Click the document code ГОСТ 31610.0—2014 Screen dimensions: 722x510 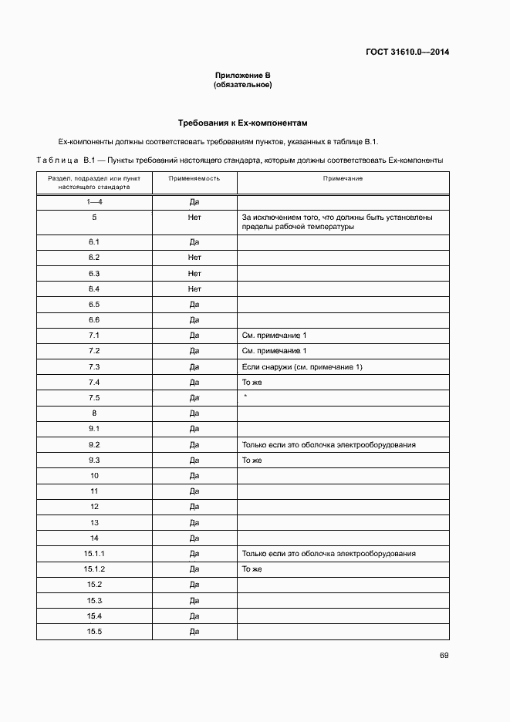tap(407, 52)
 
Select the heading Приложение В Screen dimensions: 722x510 tap(243, 75)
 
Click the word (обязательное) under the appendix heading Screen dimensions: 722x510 tap(243, 84)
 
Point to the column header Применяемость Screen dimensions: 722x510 tap(194, 178)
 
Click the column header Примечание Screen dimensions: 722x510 tap(343, 178)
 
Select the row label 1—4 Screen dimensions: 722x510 tap(94, 202)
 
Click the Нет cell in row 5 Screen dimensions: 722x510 tap(194, 218)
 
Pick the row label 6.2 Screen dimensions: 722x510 tap(94, 258)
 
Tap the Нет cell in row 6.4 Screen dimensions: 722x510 tap(194, 288)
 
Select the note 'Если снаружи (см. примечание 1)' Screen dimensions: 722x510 tap(302, 366)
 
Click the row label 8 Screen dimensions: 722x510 tap(94, 413)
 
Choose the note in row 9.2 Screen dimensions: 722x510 tap(329, 444)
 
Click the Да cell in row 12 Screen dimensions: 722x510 tap(194, 507)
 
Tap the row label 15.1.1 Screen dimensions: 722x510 tap(94, 554)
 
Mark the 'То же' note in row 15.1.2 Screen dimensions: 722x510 tap(252, 569)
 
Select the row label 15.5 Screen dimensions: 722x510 tap(94, 632)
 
